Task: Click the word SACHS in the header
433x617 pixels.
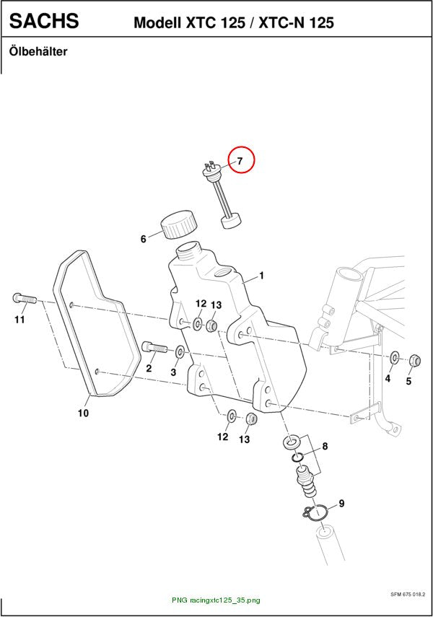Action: click(44, 20)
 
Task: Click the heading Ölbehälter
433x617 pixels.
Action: click(38, 51)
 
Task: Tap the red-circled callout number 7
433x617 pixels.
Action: click(240, 160)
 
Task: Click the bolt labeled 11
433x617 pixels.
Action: click(25, 298)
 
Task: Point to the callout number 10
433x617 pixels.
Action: click(83, 413)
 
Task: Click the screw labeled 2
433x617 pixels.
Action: click(154, 347)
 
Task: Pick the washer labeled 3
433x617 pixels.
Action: click(180, 351)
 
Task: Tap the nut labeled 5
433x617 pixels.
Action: click(414, 359)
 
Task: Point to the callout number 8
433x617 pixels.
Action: click(325, 446)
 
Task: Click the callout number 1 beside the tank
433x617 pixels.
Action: click(262, 276)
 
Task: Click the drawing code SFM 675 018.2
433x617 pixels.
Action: click(408, 595)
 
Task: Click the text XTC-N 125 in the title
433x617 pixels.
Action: click(297, 23)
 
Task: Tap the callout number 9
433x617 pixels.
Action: click(341, 503)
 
